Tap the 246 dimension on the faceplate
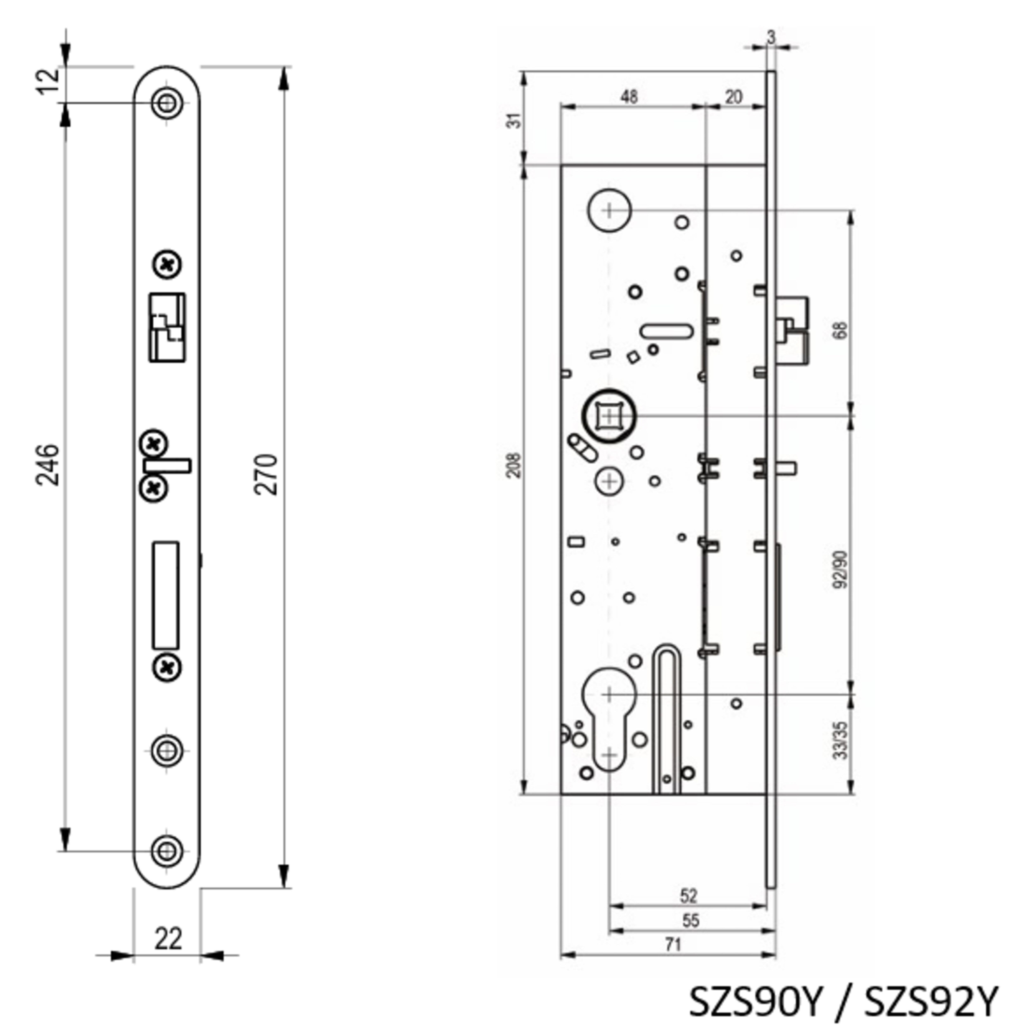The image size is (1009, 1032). [47, 465]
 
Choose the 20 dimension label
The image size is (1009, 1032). [733, 97]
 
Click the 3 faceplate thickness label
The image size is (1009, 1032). [771, 37]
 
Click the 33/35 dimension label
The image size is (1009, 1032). [840, 741]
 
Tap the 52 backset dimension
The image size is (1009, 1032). [688, 896]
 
